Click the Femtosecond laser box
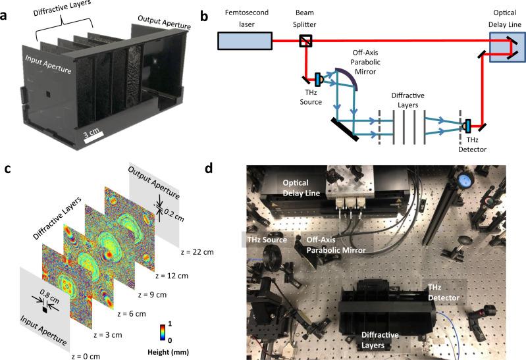pos(245,41)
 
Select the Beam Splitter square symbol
pos(305,41)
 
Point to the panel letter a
pos(6,7)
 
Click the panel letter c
pos(6,169)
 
